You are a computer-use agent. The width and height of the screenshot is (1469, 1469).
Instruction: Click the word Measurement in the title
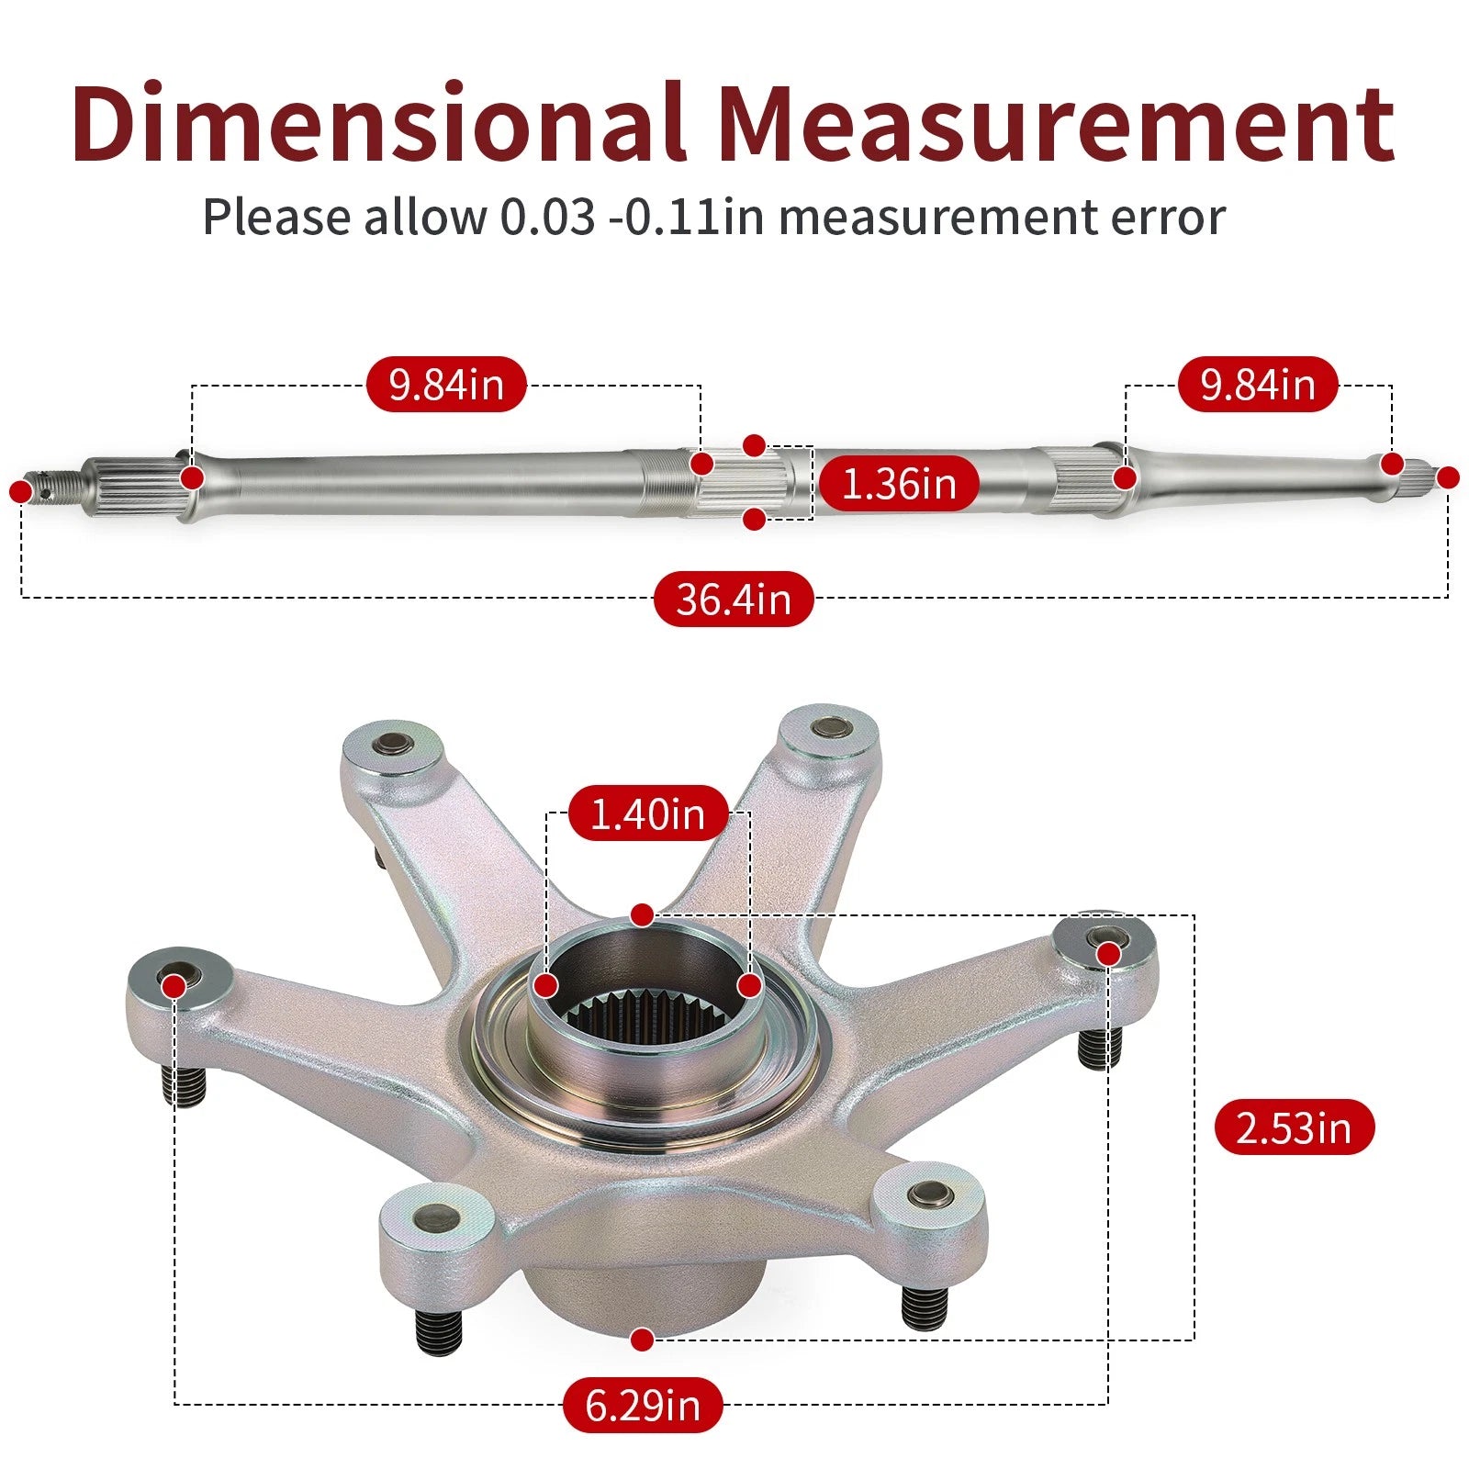click(1056, 124)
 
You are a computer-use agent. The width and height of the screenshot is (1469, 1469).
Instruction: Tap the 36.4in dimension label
click(734, 600)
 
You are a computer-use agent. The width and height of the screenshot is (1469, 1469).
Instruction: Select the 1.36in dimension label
click(899, 483)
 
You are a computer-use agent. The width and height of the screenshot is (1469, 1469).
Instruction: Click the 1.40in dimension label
click(647, 813)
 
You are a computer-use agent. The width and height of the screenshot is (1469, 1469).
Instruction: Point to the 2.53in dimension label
click(1295, 1127)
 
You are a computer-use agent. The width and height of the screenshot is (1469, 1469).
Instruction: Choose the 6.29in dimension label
click(643, 1405)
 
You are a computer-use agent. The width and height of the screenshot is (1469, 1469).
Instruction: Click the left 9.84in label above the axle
click(446, 384)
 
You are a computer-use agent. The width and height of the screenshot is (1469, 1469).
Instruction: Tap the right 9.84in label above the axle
click(1258, 384)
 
